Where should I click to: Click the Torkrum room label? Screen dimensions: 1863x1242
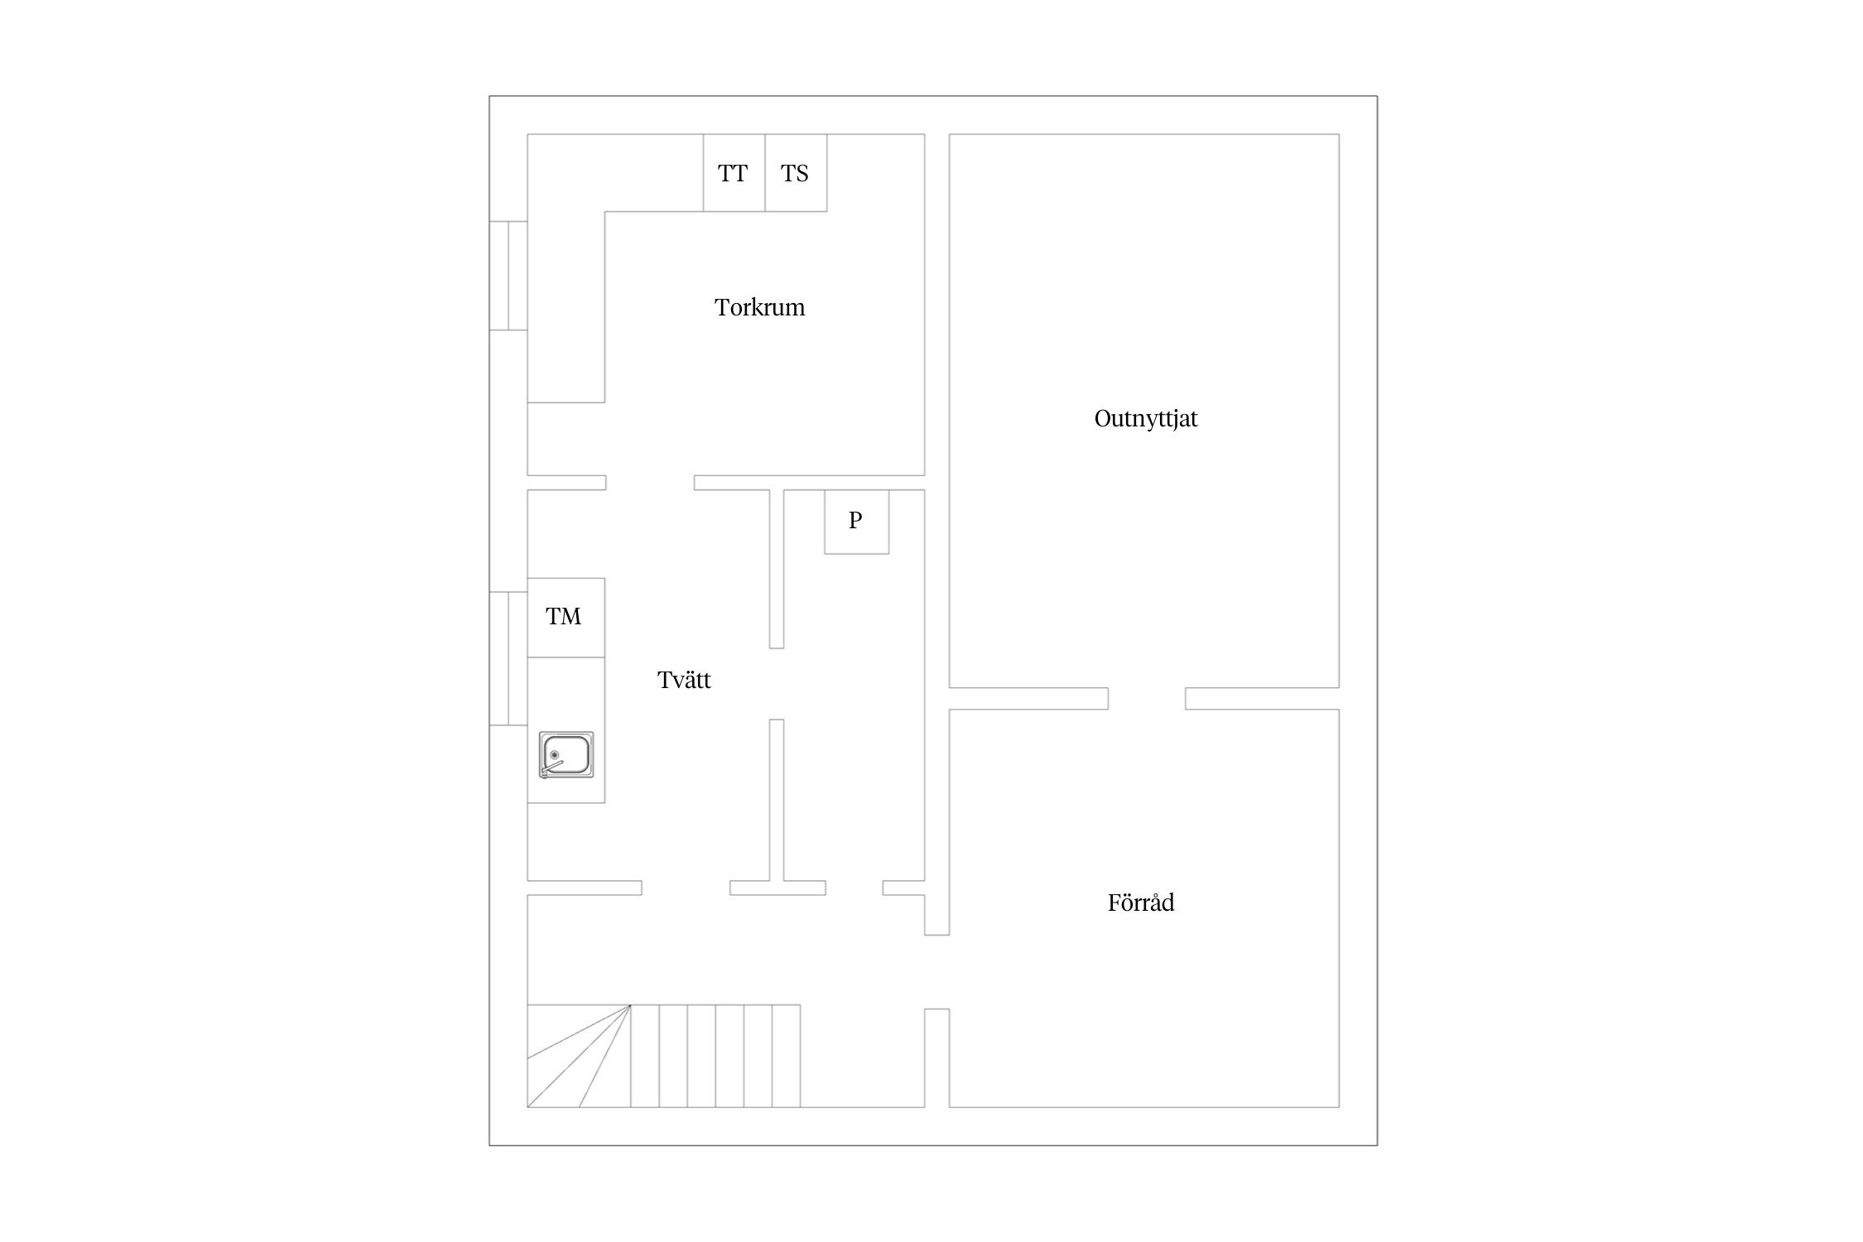click(x=759, y=307)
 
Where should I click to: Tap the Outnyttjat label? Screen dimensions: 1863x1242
click(x=1146, y=419)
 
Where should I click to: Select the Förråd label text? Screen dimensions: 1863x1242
click(x=1141, y=902)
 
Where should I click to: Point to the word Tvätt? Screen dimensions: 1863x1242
click(x=684, y=680)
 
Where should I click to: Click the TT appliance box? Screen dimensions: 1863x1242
click(x=734, y=172)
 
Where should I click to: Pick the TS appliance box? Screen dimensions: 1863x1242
click(x=796, y=172)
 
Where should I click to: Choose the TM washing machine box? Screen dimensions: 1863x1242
click(x=566, y=618)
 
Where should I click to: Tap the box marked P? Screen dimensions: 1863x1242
click(x=856, y=522)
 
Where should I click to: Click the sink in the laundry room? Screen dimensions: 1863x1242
click(x=566, y=755)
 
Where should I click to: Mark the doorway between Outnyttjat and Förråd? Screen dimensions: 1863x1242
click(x=1147, y=699)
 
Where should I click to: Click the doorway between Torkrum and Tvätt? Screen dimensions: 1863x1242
click(x=650, y=483)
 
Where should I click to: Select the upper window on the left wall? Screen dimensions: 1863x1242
click(x=508, y=276)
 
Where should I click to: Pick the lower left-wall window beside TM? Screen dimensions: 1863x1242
click(x=508, y=658)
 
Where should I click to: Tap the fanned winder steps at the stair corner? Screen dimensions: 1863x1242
click(x=579, y=1056)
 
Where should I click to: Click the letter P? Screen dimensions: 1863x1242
click(x=856, y=520)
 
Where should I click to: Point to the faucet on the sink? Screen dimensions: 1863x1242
click(x=551, y=769)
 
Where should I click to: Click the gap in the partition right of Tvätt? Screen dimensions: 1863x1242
click(x=777, y=684)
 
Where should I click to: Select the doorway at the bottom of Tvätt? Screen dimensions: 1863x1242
click(x=686, y=888)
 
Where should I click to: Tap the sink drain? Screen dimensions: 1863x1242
click(x=554, y=754)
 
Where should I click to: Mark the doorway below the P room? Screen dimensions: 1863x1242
click(x=854, y=888)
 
